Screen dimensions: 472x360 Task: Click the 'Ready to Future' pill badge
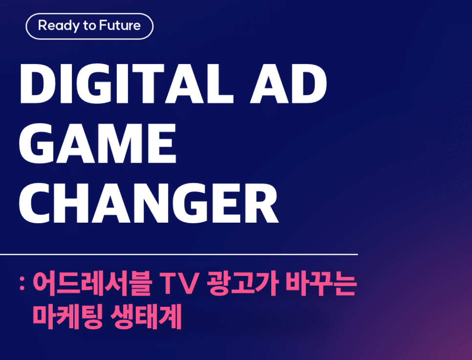89,26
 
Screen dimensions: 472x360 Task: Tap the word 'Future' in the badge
120,25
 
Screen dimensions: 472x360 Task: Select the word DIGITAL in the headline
127,84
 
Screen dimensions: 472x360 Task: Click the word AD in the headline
288,84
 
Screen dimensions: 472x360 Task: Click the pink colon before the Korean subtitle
21,284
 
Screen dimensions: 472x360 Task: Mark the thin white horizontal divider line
179,254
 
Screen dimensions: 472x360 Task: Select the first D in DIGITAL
38,84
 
